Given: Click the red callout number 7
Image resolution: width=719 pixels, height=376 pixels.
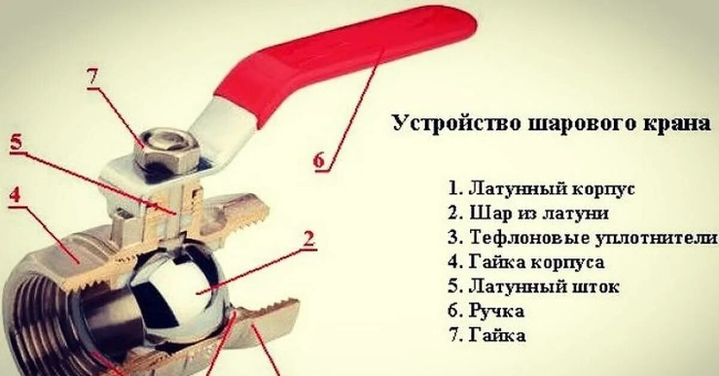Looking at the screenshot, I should point(95,78).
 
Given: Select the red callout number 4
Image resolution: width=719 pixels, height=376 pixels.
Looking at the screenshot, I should point(16,195).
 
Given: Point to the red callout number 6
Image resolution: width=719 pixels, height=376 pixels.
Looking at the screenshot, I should point(319,160).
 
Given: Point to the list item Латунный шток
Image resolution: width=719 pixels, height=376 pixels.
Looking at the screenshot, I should point(534,286).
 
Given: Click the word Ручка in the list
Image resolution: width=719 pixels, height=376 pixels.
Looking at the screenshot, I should point(497,310).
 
